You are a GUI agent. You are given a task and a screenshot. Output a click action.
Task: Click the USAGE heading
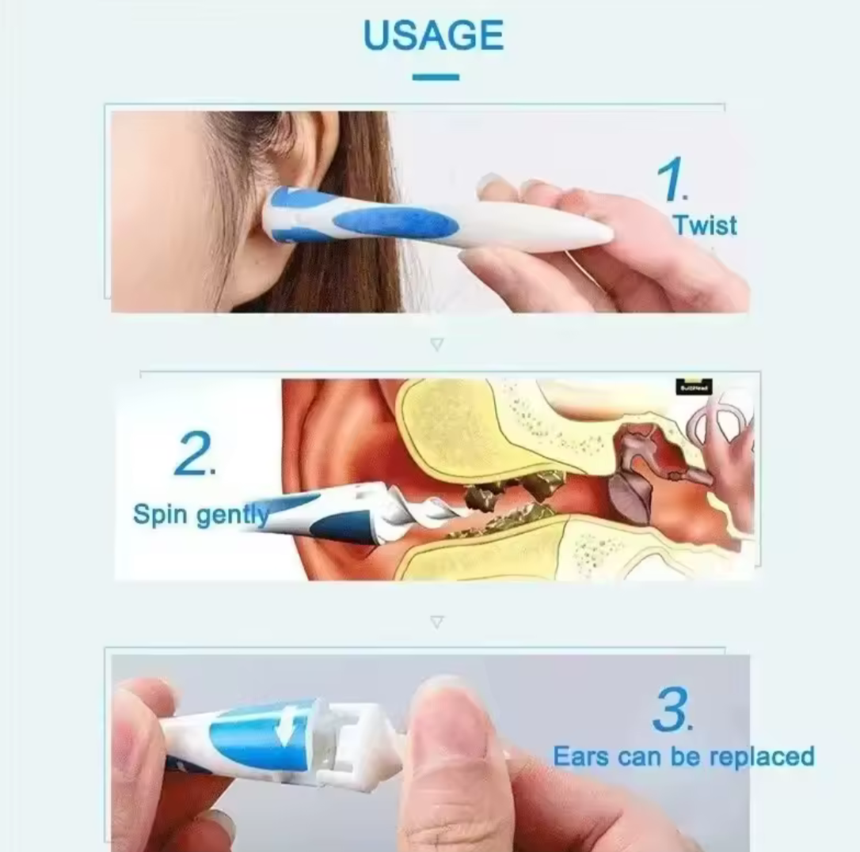[x=433, y=36]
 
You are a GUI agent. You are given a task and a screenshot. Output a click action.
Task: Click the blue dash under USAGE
[x=436, y=77]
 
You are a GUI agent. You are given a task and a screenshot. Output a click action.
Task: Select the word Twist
[x=704, y=225]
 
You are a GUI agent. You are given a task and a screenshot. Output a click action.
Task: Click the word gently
[x=232, y=516]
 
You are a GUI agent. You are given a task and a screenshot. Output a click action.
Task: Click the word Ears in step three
[x=580, y=756]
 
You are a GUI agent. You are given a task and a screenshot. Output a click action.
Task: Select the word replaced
[x=762, y=757]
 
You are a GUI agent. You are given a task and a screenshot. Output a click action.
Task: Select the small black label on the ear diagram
[x=694, y=387]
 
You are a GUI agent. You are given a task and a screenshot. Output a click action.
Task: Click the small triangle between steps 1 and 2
[x=436, y=344]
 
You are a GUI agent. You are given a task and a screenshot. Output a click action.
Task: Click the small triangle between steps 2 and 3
[x=436, y=622]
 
